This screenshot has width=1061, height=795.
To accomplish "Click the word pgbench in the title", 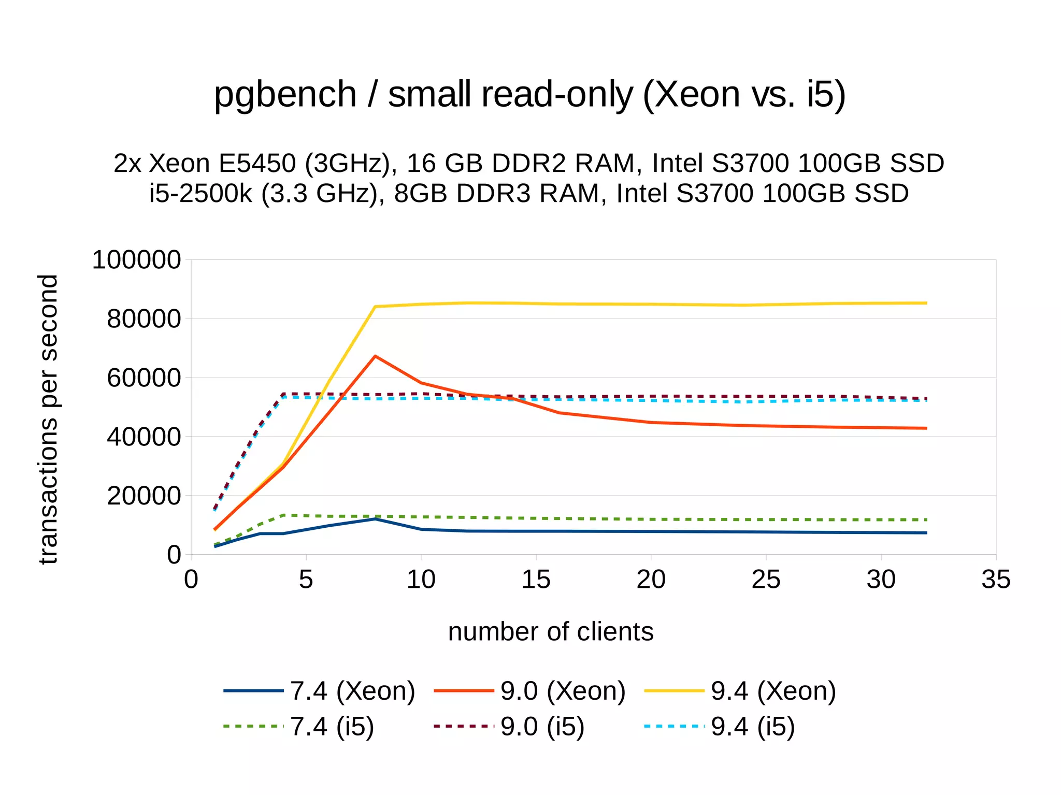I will click(x=285, y=95).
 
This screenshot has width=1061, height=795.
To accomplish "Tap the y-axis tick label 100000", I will click(x=136, y=260).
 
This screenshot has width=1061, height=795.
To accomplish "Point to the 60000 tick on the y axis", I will click(x=144, y=378).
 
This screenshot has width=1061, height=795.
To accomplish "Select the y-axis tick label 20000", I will click(x=144, y=496).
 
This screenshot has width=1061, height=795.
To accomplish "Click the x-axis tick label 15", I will click(x=536, y=580).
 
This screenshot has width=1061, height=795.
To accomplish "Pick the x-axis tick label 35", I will click(x=995, y=580).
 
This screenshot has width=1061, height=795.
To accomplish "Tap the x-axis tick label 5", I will click(x=306, y=580).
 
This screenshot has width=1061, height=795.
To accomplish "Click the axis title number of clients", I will click(x=550, y=632).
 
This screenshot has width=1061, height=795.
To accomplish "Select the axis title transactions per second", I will click(x=48, y=420).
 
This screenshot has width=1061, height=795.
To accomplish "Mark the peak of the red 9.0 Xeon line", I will click(x=375, y=356).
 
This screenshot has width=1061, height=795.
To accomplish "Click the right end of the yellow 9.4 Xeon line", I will click(x=926, y=303).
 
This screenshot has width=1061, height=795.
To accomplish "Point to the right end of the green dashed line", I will click(x=926, y=519).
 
